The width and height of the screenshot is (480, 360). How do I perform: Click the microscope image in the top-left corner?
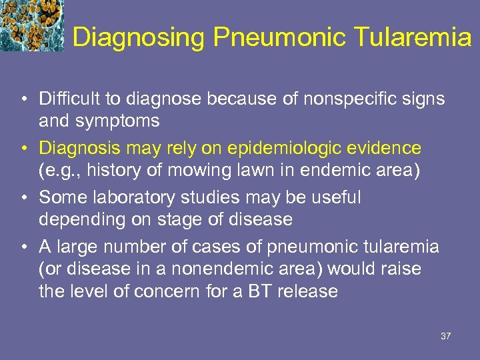tap(31, 25)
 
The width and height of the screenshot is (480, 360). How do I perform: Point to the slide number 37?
tap(446, 336)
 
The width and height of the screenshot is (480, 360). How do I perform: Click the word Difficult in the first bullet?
tap(65, 99)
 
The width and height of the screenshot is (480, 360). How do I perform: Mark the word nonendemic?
tap(213, 269)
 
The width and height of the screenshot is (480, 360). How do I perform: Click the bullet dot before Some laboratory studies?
tap(24, 198)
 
